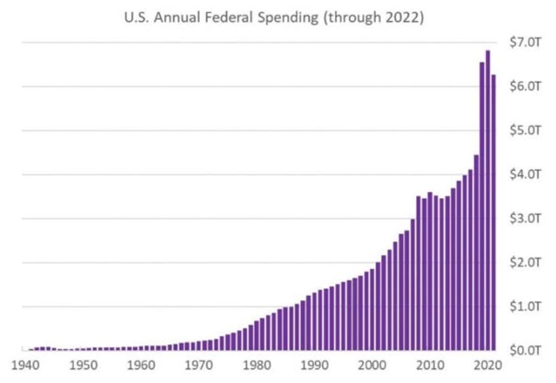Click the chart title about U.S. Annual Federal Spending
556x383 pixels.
273,18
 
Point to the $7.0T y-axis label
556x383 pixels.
525,43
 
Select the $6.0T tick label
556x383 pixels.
525,86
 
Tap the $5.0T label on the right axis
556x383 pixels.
525,130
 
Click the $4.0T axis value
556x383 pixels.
525,174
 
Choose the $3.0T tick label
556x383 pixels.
525,218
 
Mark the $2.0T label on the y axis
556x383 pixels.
525,262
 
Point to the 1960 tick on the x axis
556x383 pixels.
140,365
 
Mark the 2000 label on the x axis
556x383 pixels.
372,365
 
